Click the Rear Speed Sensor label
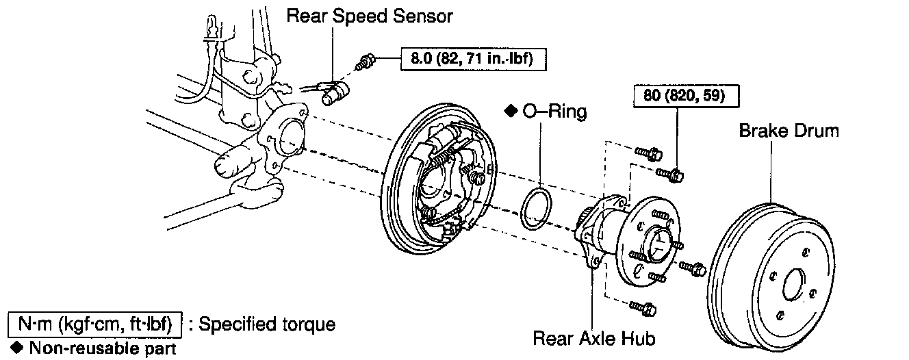tap(370, 16)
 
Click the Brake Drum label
tap(789, 131)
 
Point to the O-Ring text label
tap(554, 112)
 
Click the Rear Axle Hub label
tap(593, 338)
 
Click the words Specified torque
tap(266, 324)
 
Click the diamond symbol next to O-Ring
tap(509, 112)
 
